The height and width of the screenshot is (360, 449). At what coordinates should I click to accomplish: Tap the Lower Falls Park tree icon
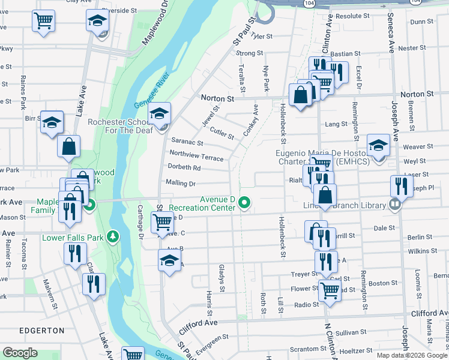112,237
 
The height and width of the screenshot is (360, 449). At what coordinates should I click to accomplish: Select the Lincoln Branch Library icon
394,205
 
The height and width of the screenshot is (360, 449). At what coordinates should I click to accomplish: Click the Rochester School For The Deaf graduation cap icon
160,113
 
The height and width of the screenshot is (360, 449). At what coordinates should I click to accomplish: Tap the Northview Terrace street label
196,156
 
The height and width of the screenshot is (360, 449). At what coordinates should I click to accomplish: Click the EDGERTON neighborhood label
41,330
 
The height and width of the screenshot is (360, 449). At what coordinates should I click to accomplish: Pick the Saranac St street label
187,143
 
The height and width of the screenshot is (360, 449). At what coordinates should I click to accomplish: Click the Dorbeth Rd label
184,167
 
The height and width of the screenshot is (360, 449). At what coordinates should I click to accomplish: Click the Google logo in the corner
20,353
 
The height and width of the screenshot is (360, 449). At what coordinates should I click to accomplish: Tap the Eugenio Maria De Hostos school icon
378,145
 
